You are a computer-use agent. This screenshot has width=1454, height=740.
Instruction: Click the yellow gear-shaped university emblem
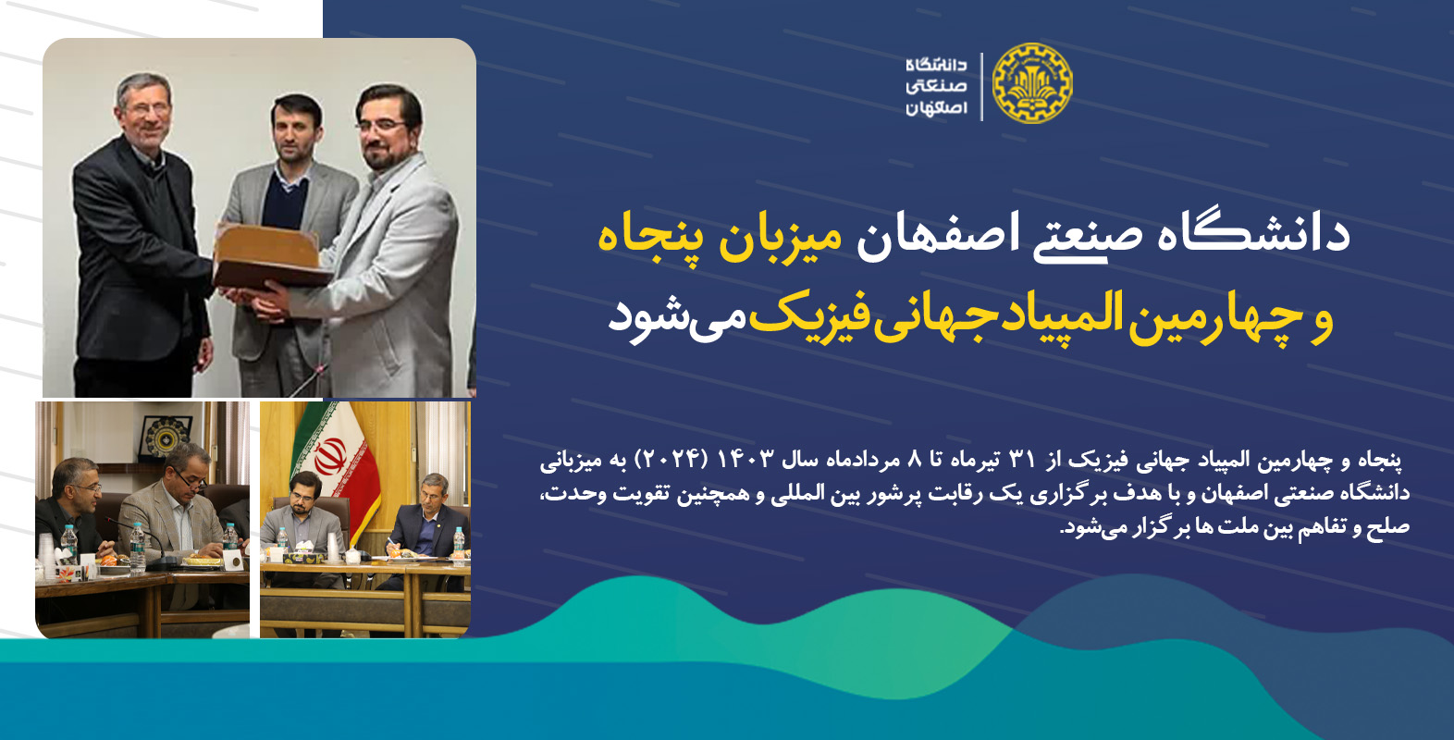click(x=1032, y=83)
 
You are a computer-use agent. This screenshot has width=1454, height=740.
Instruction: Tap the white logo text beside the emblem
click(x=937, y=86)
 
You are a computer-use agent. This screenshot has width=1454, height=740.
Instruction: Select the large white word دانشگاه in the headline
click(x=1247, y=233)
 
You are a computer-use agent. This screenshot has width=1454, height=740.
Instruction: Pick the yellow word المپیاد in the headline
click(x=1057, y=317)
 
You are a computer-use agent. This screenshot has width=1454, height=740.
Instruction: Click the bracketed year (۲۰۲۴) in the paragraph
click(x=670, y=459)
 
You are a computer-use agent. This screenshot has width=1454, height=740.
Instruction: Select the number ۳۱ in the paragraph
click(x=1023, y=459)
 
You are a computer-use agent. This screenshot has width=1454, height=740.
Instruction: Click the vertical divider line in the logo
click(x=981, y=86)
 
